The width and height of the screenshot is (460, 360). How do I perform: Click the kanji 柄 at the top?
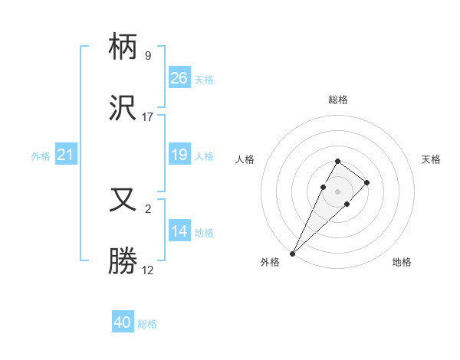tap(123, 49)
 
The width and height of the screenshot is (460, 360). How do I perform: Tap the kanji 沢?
tap(123, 109)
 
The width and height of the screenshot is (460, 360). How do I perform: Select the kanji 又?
tap(123, 201)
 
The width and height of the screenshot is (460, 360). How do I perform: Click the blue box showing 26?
tap(179, 78)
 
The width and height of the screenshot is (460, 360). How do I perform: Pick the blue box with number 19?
tap(179, 155)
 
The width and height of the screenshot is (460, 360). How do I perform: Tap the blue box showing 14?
tap(179, 231)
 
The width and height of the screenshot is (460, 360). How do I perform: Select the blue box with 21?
tap(66, 155)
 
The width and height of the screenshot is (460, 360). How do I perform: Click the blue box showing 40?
tap(123, 322)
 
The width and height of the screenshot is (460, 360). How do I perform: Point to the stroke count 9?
tap(147, 56)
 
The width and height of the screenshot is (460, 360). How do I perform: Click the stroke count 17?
tap(148, 117)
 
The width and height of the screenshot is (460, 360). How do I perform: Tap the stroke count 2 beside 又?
tap(147, 208)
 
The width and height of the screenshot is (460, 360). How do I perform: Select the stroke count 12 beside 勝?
tap(148, 270)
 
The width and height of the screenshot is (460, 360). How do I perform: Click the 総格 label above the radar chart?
tap(337, 100)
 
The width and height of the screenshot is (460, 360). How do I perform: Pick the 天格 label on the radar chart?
tap(431, 159)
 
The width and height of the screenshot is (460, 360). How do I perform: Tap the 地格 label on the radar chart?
tap(402, 262)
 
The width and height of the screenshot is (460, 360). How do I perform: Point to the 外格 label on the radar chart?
tap(270, 262)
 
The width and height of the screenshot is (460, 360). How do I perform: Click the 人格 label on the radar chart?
tap(245, 159)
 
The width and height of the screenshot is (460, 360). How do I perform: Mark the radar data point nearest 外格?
tap(292, 253)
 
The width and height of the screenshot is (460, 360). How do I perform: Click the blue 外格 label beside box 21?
tap(41, 155)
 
